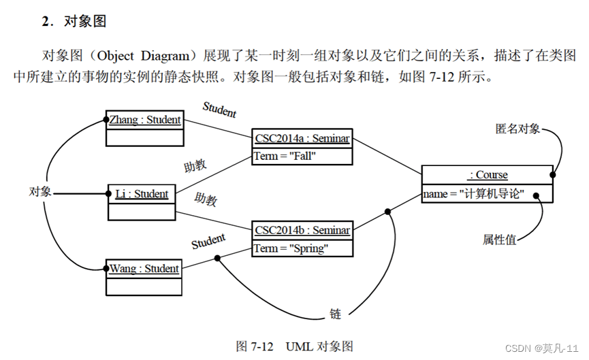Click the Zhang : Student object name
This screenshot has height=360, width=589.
[x=145, y=120]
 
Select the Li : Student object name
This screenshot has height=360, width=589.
[x=142, y=194]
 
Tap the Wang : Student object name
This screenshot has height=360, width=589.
[x=144, y=269]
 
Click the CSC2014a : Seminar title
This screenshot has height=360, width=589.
[x=302, y=139]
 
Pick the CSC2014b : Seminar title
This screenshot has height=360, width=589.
[x=302, y=230]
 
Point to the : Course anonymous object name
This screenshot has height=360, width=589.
[x=488, y=175]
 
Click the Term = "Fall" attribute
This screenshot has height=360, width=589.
[x=285, y=156]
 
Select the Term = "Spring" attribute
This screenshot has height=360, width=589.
[x=291, y=248]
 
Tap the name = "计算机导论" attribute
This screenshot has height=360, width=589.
[x=473, y=194]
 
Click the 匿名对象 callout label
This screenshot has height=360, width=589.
[x=517, y=128]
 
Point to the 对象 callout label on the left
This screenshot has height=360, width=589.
[x=40, y=191]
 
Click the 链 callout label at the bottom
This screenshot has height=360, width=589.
[x=335, y=314]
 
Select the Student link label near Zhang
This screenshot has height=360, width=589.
[x=219, y=108]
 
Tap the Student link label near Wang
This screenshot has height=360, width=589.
[x=208, y=241]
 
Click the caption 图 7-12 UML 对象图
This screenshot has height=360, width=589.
[x=294, y=346]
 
